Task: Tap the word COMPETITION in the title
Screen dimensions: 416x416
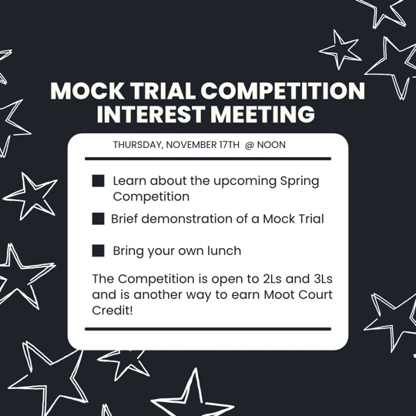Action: pos(283,90)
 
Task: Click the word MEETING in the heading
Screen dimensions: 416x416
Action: pos(263,114)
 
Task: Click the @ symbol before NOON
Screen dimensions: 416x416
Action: pos(250,145)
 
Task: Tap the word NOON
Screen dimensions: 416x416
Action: pos(271,145)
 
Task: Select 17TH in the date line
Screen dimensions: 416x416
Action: pos(230,145)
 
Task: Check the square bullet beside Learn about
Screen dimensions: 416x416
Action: pos(98,181)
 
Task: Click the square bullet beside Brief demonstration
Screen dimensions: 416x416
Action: pos(98,219)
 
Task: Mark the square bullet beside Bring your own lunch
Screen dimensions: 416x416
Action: pos(98,250)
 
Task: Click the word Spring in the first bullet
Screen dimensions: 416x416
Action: pos(300,182)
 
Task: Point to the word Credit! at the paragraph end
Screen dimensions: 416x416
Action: pos(112,310)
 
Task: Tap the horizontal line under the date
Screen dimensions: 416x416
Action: pos(208,159)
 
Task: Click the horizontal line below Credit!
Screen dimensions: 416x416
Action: pos(208,329)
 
